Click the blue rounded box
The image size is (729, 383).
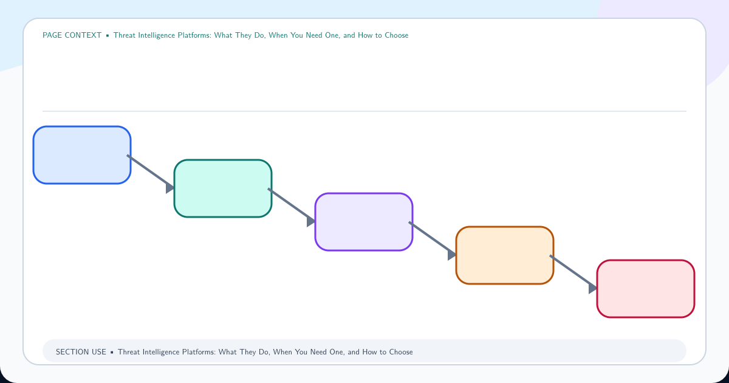(82, 155)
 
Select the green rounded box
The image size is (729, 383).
(223, 188)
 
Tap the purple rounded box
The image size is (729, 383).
(364, 222)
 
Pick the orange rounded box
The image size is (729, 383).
(505, 255)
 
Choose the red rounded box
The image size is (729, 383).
(646, 289)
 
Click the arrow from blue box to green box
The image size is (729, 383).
(151, 172)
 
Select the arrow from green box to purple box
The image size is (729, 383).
(292, 206)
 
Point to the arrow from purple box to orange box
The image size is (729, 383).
(433, 239)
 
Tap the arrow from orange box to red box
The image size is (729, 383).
(573, 272)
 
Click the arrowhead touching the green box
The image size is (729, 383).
(170, 188)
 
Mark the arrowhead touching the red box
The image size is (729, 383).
(593, 289)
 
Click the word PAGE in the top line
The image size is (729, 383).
(52, 35)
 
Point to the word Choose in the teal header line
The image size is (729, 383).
(396, 35)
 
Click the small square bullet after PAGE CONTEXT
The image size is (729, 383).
(108, 35)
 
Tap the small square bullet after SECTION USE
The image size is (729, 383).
(112, 353)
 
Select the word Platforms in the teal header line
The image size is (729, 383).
(194, 35)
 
